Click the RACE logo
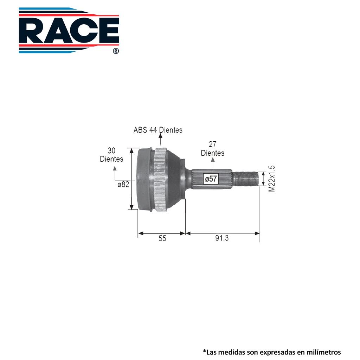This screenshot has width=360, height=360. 69,30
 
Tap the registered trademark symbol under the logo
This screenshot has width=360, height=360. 116,51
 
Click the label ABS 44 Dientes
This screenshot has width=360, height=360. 158,130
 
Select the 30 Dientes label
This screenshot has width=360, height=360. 111,155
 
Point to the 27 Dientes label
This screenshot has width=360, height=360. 213,149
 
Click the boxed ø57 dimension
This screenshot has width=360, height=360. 211,179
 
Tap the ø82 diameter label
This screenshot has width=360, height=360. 123,184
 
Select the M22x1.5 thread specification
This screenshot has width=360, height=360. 272,179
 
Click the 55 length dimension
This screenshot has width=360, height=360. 162,238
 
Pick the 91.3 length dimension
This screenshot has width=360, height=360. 222,238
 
